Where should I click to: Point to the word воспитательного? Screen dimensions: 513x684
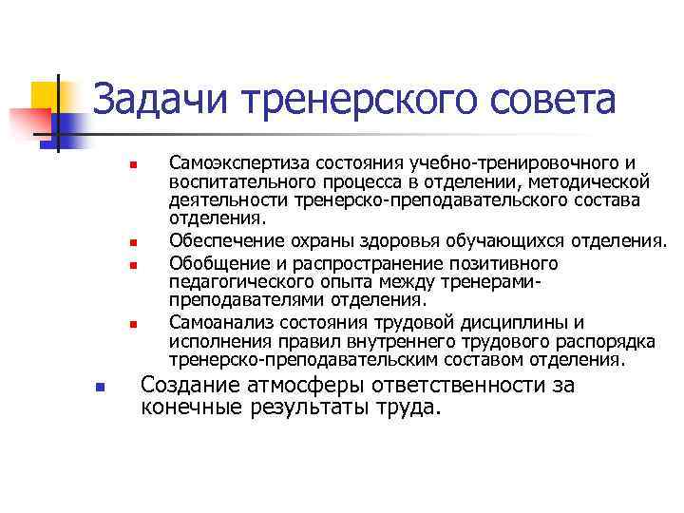[x=238, y=180]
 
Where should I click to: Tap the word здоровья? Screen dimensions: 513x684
[x=411, y=237]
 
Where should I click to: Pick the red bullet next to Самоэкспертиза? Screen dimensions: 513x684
[x=135, y=167]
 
